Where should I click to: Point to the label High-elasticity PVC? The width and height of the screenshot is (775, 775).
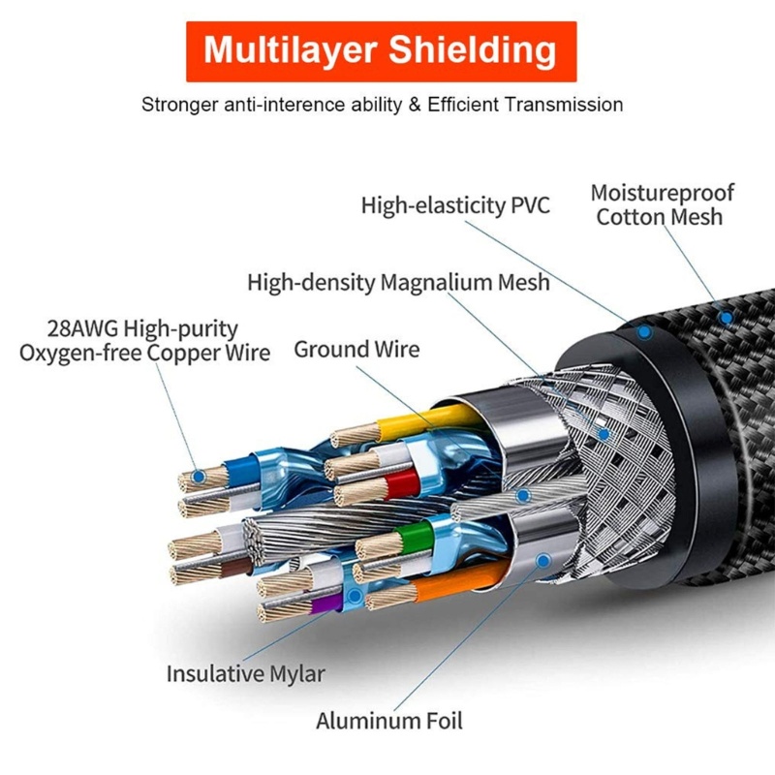pyautogui.click(x=455, y=205)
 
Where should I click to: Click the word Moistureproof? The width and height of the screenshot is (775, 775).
pyautogui.click(x=663, y=192)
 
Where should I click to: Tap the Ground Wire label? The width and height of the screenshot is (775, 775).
pyautogui.click(x=356, y=349)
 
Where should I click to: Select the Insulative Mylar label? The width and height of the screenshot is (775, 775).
pyautogui.click(x=245, y=673)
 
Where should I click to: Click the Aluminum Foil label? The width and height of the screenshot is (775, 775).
pyautogui.click(x=389, y=721)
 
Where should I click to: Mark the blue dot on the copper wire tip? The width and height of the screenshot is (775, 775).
pyautogui.click(x=198, y=476)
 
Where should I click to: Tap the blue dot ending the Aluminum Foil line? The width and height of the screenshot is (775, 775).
pyautogui.click(x=542, y=560)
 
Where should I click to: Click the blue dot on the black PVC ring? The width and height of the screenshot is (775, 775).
pyautogui.click(x=644, y=330)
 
